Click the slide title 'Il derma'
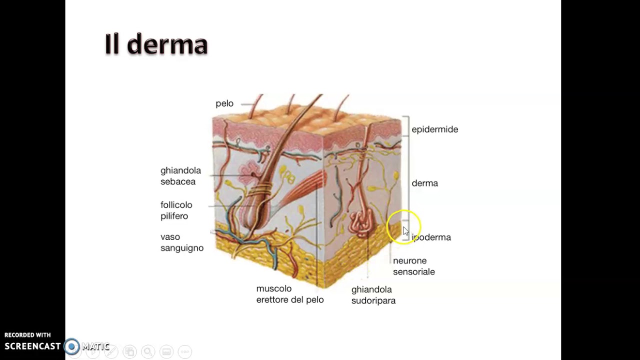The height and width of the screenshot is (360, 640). coord(156,44)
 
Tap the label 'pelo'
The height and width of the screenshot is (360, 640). coord(224,103)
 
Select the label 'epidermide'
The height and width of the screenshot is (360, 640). coord(435,129)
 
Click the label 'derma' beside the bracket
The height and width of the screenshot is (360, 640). coord(425,183)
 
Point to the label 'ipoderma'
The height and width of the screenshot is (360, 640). coord(431,237)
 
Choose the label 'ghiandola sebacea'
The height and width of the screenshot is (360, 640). coord(181,176)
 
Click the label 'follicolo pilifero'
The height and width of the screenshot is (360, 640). coord(176,210)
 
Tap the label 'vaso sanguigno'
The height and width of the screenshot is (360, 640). coord(182,242)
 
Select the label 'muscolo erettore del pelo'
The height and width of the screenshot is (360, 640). coord(290,294)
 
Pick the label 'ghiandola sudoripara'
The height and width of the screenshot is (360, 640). coord(373,295)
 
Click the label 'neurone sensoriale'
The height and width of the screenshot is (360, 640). coord(414,266)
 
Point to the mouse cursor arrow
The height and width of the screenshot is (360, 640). coord(405,231)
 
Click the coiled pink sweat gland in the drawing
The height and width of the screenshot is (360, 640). coord(361,223)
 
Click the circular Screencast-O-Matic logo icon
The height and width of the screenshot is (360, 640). coord(71,346)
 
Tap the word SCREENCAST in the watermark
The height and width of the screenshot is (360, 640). coord(32,346)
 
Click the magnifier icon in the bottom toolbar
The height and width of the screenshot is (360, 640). coord(148,351)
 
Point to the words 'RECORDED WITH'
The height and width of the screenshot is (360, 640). coord(27,335)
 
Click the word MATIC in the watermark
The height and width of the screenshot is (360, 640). coord(95,346)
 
